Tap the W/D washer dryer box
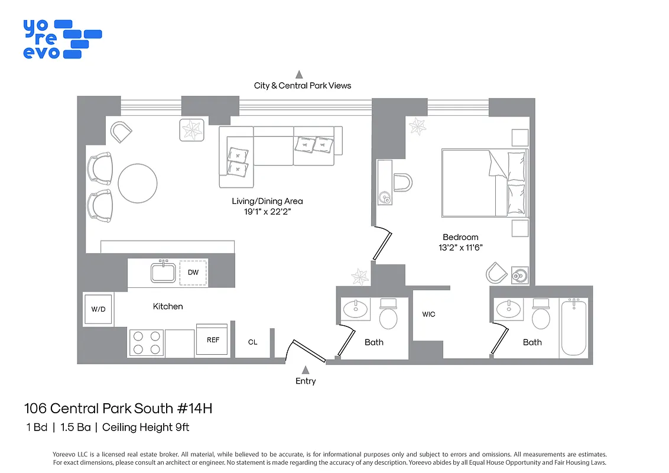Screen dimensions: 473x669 coord(98,309)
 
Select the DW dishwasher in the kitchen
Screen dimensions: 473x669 coord(193,273)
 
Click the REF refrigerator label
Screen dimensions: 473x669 coord(212,340)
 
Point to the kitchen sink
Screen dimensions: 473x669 coord(161,273)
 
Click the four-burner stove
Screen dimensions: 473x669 coord(146,342)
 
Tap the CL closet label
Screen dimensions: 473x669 coord(252,342)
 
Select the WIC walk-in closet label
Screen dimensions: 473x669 coord(428,314)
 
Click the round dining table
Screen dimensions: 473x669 coord(137,183)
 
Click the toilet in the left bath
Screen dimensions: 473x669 coord(388,315)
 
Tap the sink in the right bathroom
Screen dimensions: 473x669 coord(508,309)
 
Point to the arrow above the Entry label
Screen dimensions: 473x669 coord(306,370)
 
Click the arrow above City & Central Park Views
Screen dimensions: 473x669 coord(300,74)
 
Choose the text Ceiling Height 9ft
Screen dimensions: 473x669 coord(145,427)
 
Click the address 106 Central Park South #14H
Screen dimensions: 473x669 coord(117,408)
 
